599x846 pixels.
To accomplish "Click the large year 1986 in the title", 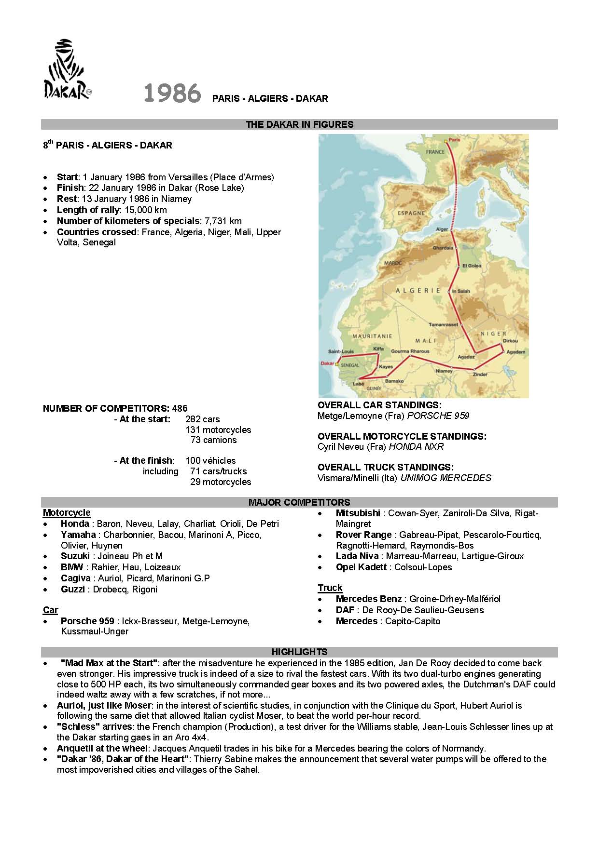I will (x=172, y=94).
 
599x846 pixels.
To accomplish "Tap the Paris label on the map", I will (x=454, y=139).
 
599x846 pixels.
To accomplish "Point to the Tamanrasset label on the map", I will (x=443, y=324).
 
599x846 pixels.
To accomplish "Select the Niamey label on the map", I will (x=444, y=371).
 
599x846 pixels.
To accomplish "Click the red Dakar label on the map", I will (x=327, y=363).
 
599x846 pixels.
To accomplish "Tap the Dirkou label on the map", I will (x=510, y=340).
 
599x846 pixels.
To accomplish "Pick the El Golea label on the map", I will (x=472, y=266).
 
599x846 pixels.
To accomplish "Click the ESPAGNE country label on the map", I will (x=411, y=213).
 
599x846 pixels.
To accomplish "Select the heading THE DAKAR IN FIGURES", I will (x=299, y=124).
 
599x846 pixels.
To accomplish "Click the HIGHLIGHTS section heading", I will (x=299, y=652).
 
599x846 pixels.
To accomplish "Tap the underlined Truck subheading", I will (x=330, y=588).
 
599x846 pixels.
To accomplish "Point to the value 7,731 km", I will (x=223, y=221).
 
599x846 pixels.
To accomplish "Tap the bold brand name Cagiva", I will (x=75, y=578).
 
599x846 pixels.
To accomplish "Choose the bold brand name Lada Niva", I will (x=358, y=556).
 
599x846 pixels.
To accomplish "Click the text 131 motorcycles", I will (x=218, y=430).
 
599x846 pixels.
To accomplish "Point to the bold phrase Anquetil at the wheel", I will (x=102, y=748).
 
